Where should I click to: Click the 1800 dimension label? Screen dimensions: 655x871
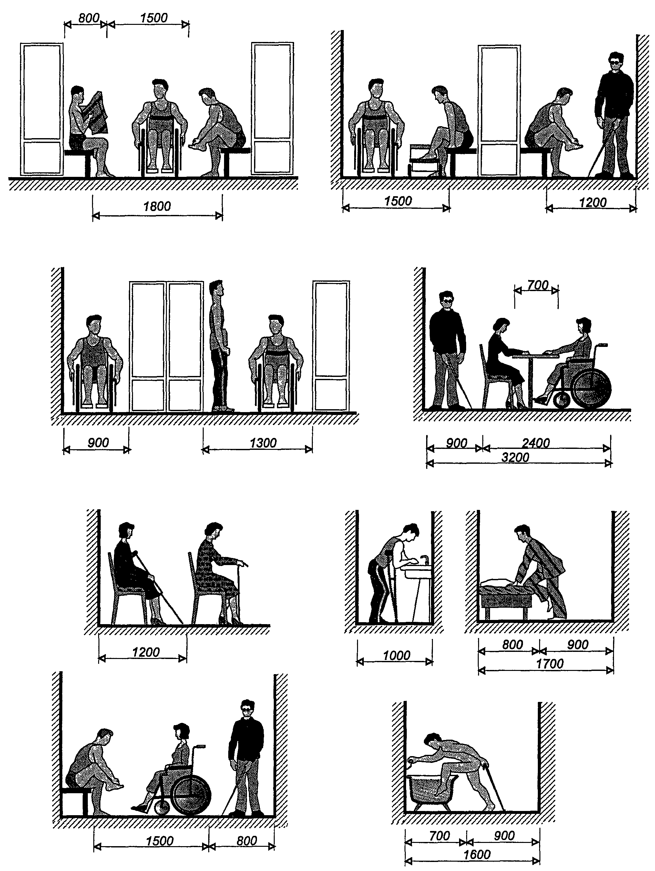pyautogui.click(x=157, y=206)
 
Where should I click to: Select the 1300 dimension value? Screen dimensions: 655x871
pyautogui.click(x=263, y=443)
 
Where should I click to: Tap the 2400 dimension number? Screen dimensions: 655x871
pyautogui.click(x=536, y=443)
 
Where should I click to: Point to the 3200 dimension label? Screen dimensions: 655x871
pyautogui.click(x=515, y=458)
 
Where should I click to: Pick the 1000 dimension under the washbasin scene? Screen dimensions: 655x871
pyautogui.click(x=397, y=655)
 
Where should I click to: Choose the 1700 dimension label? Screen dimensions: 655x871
pyautogui.click(x=550, y=664)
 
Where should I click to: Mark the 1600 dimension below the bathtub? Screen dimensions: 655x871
pyautogui.click(x=477, y=855)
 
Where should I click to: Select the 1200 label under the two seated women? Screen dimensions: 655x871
pyautogui.click(x=146, y=652)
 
